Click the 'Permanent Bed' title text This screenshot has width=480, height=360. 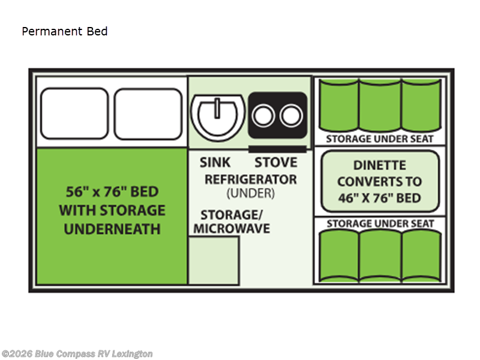(x=65, y=31)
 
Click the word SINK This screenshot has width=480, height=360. (x=215, y=163)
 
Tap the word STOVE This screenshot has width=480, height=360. (x=275, y=163)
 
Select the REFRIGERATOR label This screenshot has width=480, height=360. (x=250, y=179)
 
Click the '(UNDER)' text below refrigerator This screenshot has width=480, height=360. (x=250, y=193)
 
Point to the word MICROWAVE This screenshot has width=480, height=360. (x=231, y=229)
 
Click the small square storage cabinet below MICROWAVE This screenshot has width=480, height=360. (x=214, y=260)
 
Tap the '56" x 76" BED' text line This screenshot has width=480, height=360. (x=112, y=192)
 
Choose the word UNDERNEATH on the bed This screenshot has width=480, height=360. (x=112, y=229)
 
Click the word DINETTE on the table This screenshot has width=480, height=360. (x=379, y=165)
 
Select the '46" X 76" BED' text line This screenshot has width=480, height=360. (x=379, y=198)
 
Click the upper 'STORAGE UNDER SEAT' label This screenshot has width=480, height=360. (x=379, y=139)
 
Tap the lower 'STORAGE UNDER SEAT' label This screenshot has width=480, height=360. (x=379, y=224)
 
